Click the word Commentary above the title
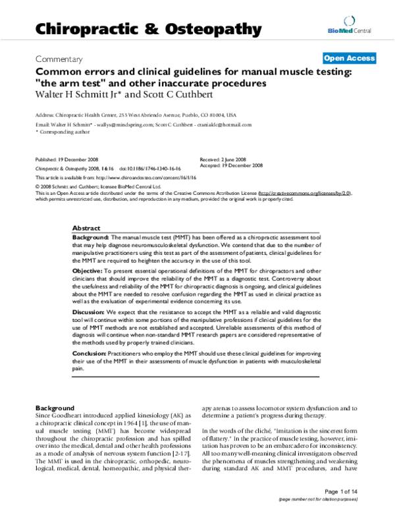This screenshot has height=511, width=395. coord(59,58)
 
